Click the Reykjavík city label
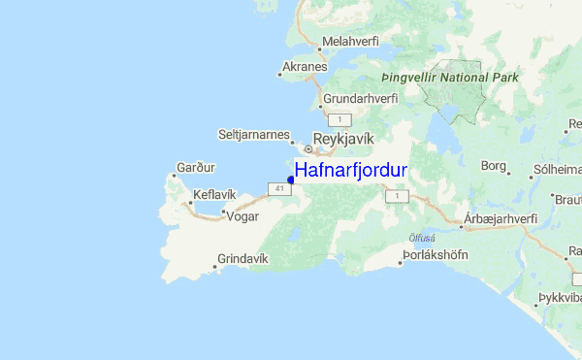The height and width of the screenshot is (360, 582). tap(343, 139)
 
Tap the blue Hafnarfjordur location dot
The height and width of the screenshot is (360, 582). tap(291, 179)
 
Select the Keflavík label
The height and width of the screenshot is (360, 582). tap(214, 194)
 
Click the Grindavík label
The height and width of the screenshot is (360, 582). tap(242, 258)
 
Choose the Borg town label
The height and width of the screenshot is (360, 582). tap(493, 166)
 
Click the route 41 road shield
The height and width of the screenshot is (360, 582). tap(278, 188)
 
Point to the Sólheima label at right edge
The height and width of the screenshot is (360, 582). tap(557, 168)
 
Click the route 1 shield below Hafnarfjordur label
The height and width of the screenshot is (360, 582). tap(395, 197)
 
